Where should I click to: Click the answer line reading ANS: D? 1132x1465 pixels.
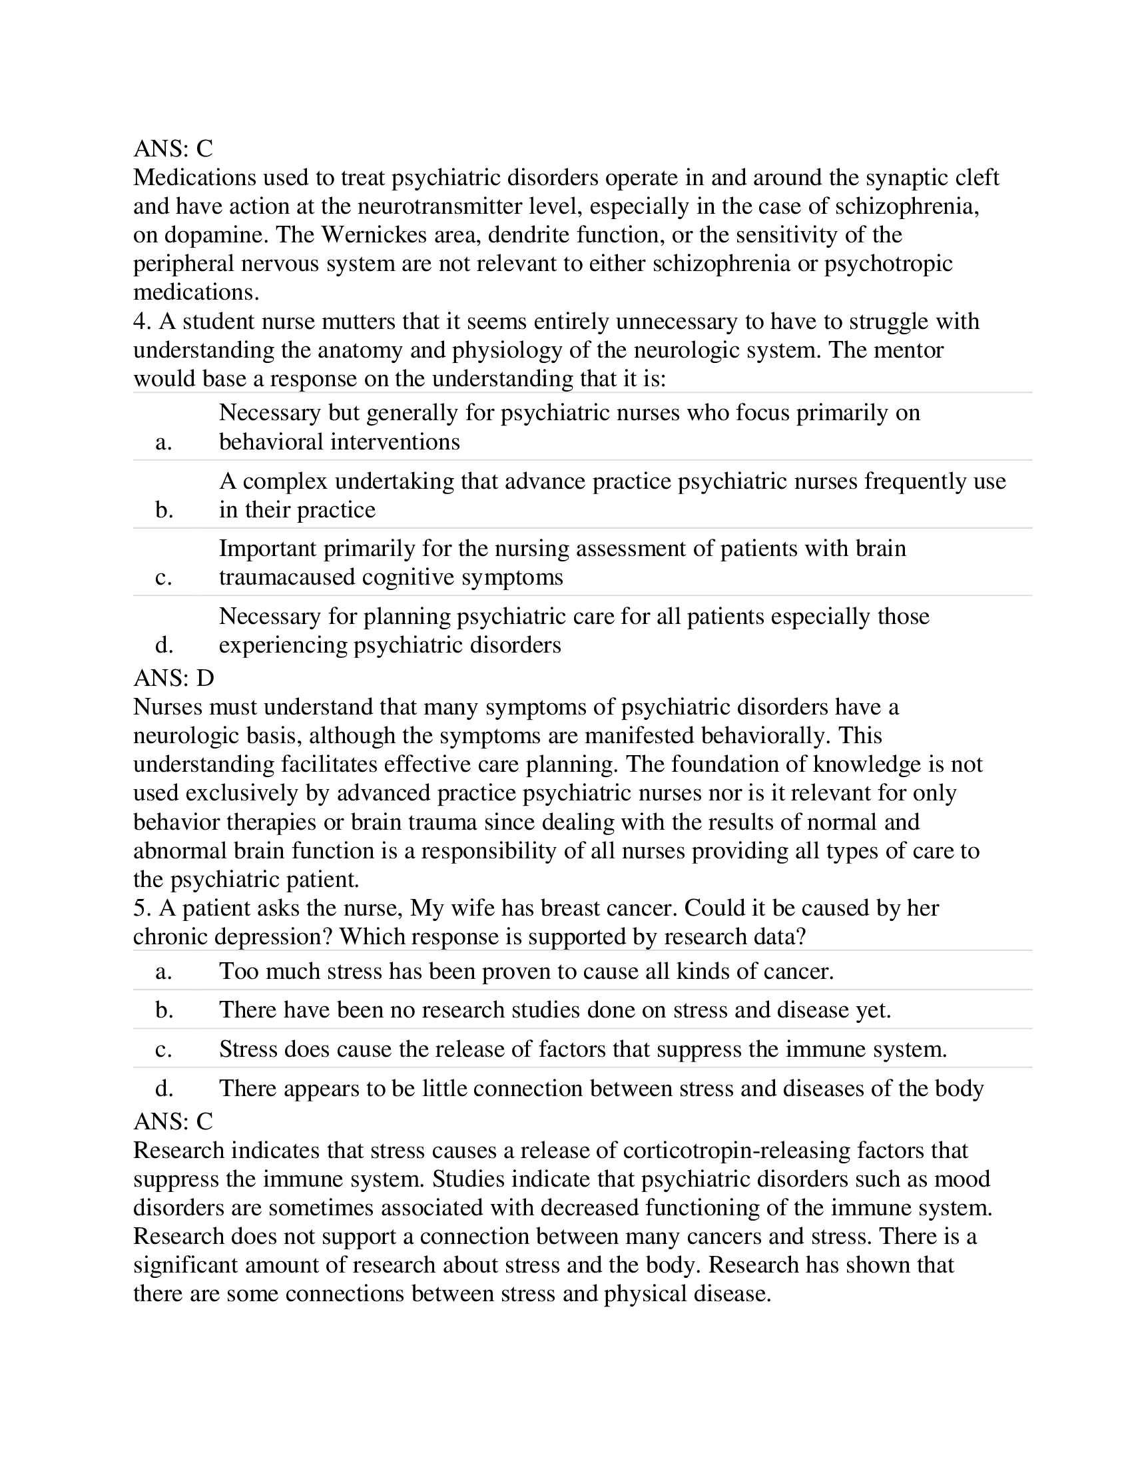(174, 678)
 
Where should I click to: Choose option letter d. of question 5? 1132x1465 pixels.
(164, 1088)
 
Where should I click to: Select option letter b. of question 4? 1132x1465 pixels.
(164, 511)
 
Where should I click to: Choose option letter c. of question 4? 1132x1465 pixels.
(164, 577)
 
